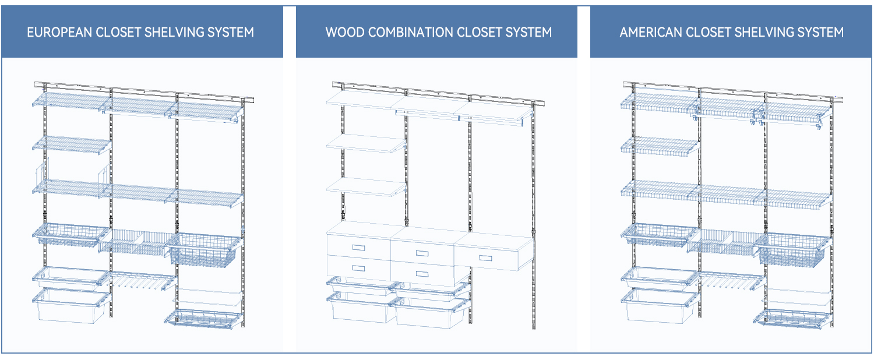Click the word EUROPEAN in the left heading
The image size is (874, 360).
(x=59, y=32)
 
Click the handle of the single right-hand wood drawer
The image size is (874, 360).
(x=485, y=258)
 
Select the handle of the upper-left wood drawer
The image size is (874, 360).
(x=358, y=247)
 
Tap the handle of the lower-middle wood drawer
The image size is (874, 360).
(x=422, y=274)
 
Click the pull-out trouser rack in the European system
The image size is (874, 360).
(x=142, y=281)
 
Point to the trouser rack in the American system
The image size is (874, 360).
(x=731, y=281)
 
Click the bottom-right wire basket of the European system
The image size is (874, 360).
(x=203, y=319)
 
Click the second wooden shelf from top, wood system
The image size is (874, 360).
(x=366, y=143)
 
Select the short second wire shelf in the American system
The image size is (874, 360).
(x=660, y=146)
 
